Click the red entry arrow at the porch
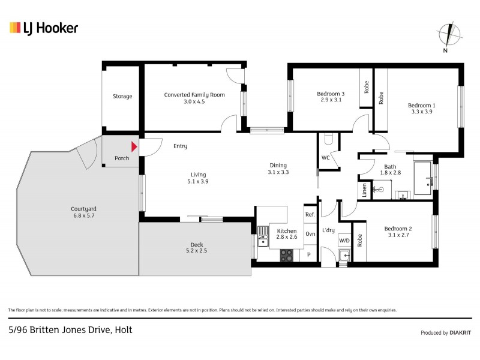[134, 146]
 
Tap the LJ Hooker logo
[44, 28]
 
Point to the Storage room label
[122, 96]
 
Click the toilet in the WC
[328, 140]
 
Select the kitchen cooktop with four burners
[287, 254]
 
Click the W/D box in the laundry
[344, 241]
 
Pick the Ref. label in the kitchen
[310, 215]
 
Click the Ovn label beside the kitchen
[310, 234]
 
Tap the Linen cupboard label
[364, 190]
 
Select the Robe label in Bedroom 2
[359, 241]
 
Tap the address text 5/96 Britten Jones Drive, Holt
[70, 329]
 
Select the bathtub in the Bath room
[423, 179]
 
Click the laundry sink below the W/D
[344, 256]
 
